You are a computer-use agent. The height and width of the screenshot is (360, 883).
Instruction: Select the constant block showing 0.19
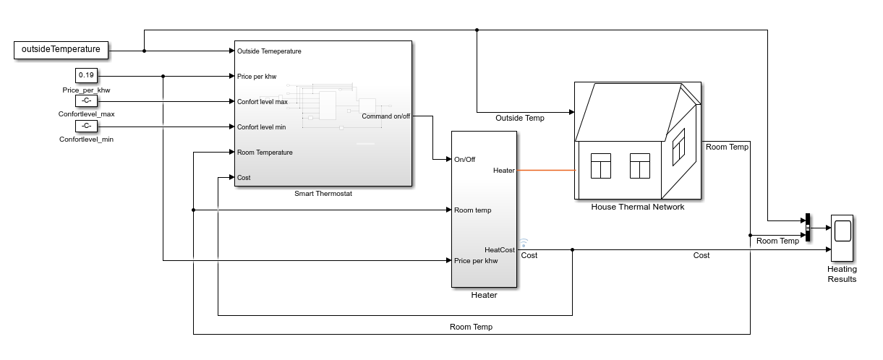(x=86, y=76)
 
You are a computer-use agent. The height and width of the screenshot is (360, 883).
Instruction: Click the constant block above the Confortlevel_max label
(x=86, y=101)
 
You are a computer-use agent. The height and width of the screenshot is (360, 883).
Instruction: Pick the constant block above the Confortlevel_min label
(x=86, y=126)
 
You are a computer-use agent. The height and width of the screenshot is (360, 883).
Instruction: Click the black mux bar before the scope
(x=806, y=229)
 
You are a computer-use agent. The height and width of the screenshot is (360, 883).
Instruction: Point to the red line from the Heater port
(x=546, y=171)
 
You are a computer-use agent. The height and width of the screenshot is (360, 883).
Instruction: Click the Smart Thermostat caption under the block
(x=323, y=194)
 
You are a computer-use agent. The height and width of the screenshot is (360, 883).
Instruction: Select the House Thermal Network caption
(x=637, y=207)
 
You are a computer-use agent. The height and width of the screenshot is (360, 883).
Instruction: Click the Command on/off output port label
(x=386, y=116)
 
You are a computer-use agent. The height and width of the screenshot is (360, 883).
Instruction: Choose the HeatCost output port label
(x=500, y=250)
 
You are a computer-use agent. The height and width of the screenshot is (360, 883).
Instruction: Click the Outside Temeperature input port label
(x=269, y=51)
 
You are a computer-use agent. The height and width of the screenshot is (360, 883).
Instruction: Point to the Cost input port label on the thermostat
(x=244, y=178)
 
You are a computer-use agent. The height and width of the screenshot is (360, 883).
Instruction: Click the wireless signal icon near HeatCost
(x=524, y=243)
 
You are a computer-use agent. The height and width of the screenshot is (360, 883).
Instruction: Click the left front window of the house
(x=601, y=166)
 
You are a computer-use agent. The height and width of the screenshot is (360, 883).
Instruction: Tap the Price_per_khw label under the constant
(x=86, y=90)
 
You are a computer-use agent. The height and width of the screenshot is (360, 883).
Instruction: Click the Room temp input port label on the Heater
(x=473, y=210)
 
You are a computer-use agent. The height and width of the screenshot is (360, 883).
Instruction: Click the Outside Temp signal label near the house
(x=520, y=118)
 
